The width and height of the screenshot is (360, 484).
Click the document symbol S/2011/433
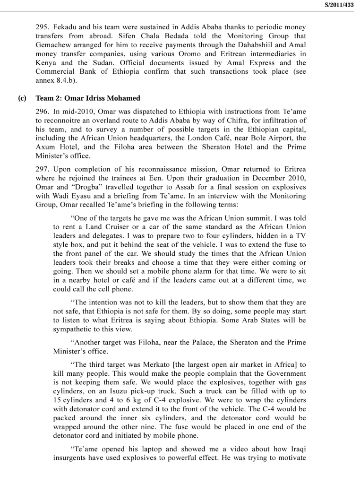click(x=339, y=5)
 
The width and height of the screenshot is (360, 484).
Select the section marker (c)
click(x=21, y=98)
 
